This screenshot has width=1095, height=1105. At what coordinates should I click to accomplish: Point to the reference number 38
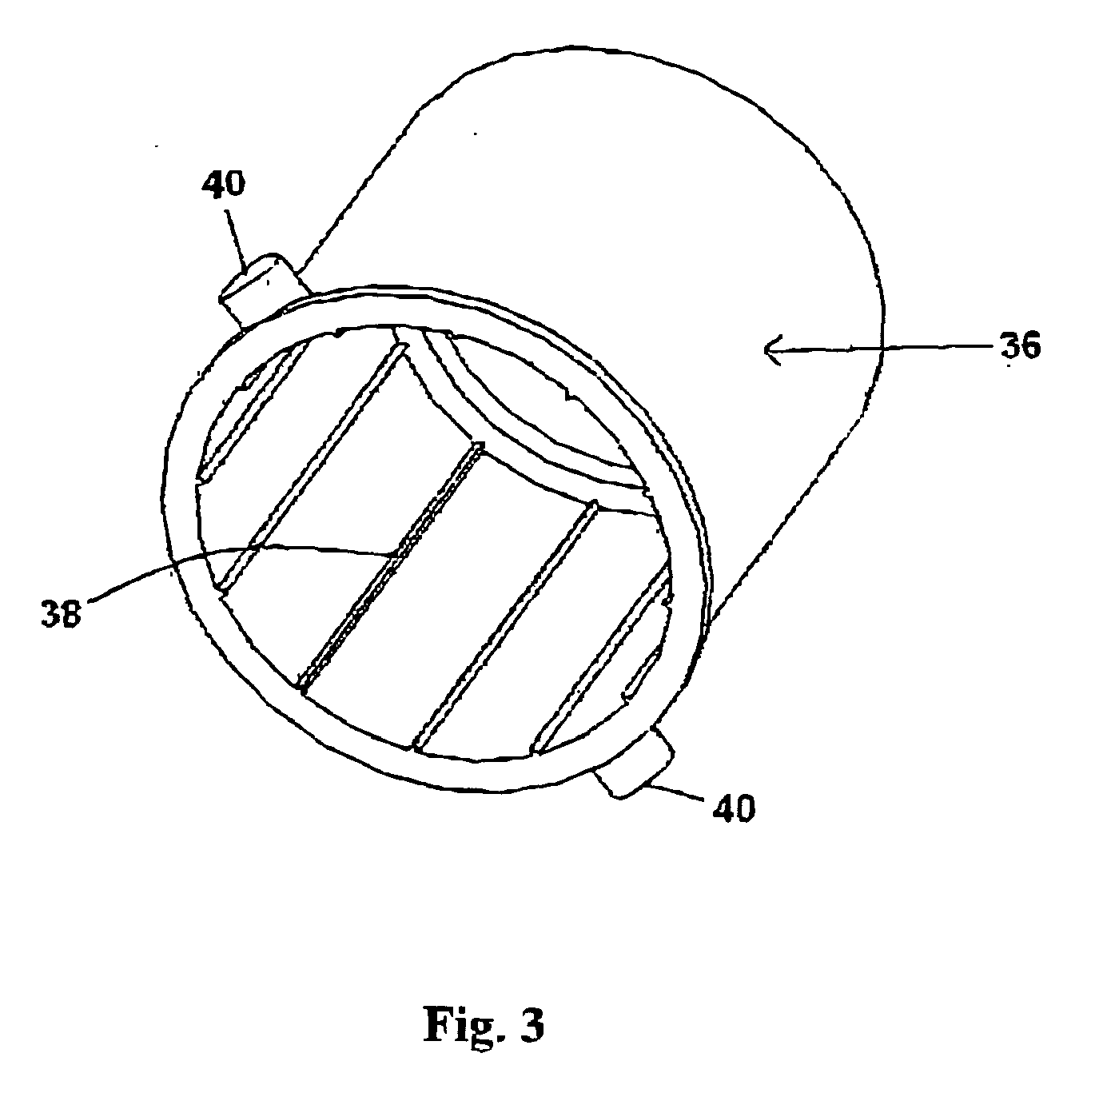pyautogui.click(x=62, y=615)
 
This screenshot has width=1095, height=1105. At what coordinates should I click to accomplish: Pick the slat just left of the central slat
pyautogui.click(x=312, y=464)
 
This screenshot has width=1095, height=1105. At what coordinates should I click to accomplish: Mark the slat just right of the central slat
pyautogui.click(x=504, y=624)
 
